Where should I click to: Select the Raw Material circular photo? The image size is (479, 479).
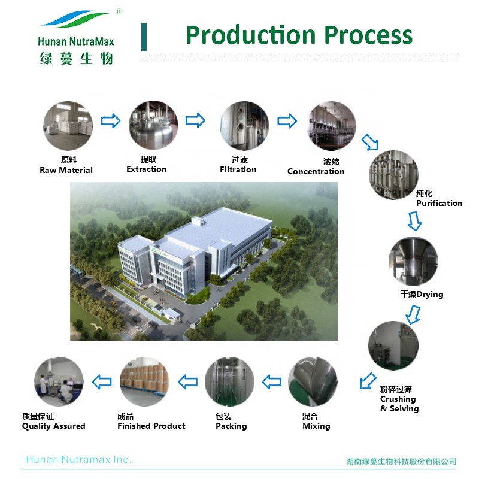pyautogui.click(x=68, y=126)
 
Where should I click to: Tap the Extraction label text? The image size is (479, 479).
pyautogui.click(x=146, y=169)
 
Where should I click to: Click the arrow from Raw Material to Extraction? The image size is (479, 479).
pyautogui.click(x=110, y=122)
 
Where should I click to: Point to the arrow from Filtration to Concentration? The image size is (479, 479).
pyautogui.click(x=287, y=122)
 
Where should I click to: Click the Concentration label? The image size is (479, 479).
pyautogui.click(x=316, y=172)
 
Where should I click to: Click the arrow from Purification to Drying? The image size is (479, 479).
pyautogui.click(x=414, y=221)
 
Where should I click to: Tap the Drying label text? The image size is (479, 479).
pyautogui.click(x=422, y=295)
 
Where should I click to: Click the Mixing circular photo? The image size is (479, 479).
pyautogui.click(x=313, y=382)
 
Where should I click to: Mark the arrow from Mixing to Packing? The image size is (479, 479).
pyautogui.click(x=272, y=381)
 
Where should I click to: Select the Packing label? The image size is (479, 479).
pyautogui.click(x=231, y=426)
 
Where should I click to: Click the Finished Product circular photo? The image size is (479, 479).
pyautogui.click(x=144, y=382)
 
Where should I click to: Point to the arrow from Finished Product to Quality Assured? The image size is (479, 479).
pyautogui.click(x=101, y=381)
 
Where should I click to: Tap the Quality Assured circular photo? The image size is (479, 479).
pyautogui.click(x=59, y=382)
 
